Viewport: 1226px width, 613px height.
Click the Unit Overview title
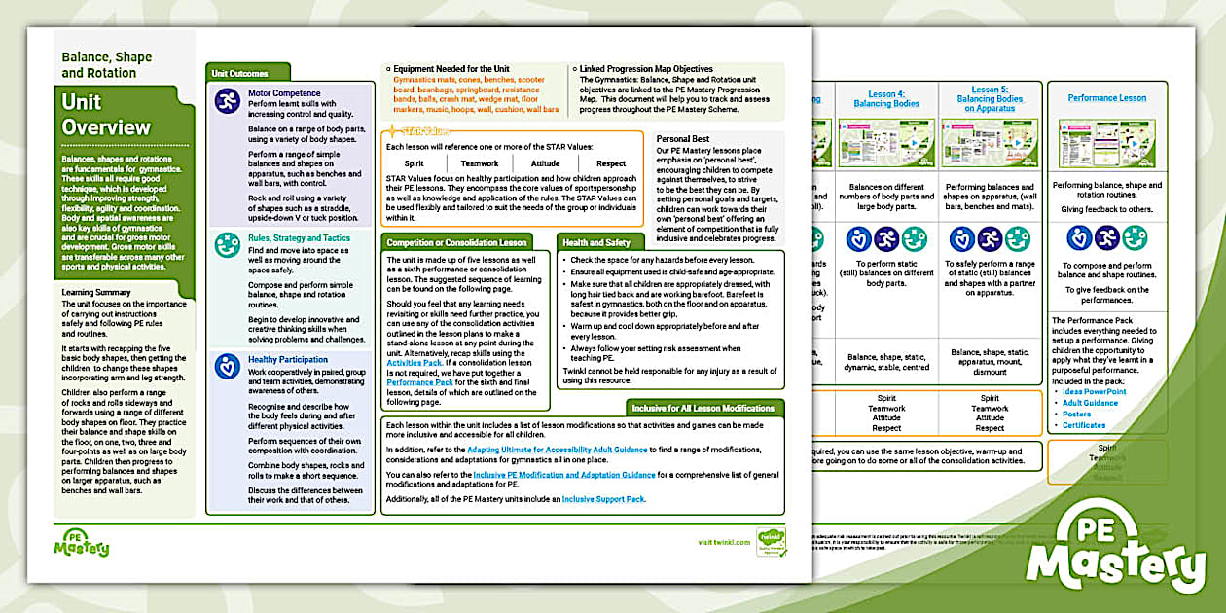tap(106, 114)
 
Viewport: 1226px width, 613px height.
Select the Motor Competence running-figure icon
tap(227, 100)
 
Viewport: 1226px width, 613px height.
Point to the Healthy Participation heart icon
tap(227, 367)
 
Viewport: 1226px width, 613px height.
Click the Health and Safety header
tap(597, 242)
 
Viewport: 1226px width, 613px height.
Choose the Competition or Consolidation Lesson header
tap(456, 242)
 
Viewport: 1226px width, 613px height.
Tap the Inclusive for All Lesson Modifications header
tap(703, 408)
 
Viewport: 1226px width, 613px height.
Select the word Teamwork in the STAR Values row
tap(480, 163)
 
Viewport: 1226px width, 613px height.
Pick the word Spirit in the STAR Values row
tap(415, 163)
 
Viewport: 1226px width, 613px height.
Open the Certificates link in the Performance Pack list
tap(1084, 425)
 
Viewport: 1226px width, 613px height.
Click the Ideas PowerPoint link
tap(1097, 391)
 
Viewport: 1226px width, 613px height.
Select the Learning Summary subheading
tap(103, 292)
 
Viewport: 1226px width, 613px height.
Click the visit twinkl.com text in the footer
tap(724, 542)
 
